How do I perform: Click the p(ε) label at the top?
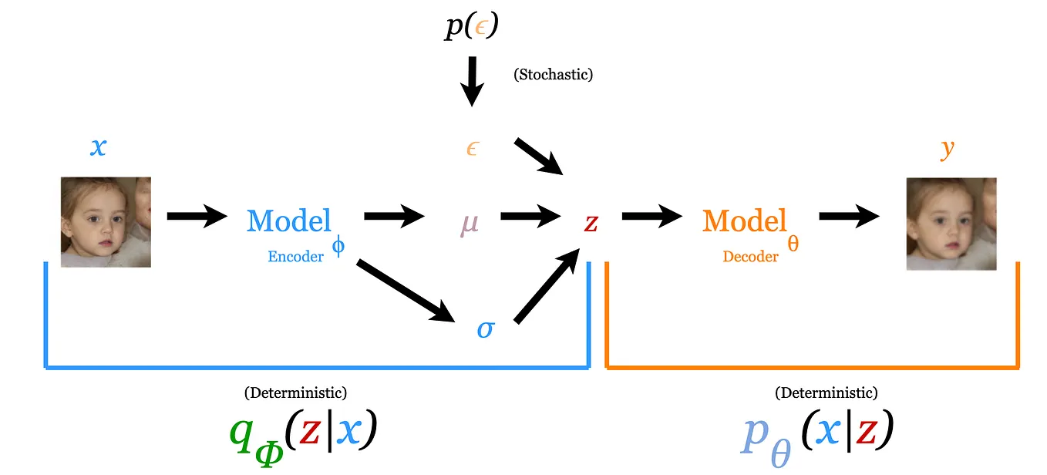pos(472,27)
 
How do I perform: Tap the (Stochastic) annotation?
pos(553,75)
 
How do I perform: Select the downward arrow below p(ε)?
pos(473,81)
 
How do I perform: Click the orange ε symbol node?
pos(472,149)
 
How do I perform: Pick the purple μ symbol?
pos(470,222)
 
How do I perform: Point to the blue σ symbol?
pos(485,329)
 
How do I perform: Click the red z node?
pos(591,222)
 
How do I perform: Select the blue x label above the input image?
pos(98,147)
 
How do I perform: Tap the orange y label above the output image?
pos(948,148)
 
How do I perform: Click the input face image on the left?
pos(106,222)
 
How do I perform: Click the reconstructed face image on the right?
pos(951,224)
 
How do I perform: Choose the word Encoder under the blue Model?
pos(295,257)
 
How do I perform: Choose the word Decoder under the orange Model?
pos(750,257)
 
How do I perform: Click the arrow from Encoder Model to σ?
pos(405,291)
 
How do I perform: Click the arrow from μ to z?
pos(531,217)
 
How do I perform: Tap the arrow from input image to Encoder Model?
pos(197,217)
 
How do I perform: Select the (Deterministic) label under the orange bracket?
pos(826,393)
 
